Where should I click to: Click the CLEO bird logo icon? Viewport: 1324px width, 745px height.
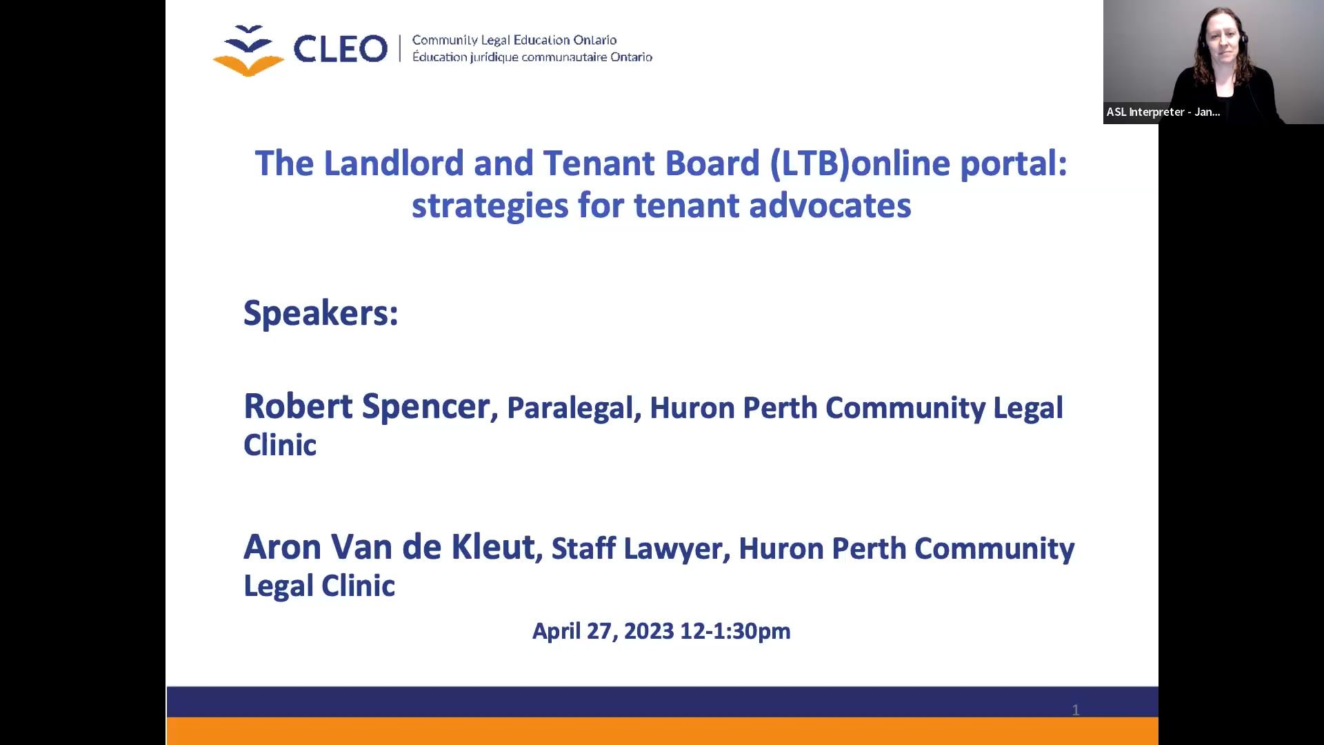[248, 50]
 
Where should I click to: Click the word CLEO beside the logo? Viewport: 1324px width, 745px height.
[341, 49]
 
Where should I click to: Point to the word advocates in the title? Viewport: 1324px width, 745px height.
[830, 206]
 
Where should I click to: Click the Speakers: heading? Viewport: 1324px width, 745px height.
[321, 313]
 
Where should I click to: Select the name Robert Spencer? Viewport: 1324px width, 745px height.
[368, 406]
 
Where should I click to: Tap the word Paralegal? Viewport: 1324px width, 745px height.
[570, 408]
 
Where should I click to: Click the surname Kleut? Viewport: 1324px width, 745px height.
[494, 547]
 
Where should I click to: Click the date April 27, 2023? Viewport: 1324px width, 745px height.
[603, 631]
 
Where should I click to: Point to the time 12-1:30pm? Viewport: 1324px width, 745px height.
[735, 631]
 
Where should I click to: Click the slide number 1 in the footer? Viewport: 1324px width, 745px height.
[1076, 710]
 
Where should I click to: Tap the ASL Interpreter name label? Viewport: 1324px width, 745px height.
[1163, 112]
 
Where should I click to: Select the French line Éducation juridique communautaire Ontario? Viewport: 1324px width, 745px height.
[532, 57]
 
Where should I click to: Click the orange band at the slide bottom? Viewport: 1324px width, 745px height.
[662, 731]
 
